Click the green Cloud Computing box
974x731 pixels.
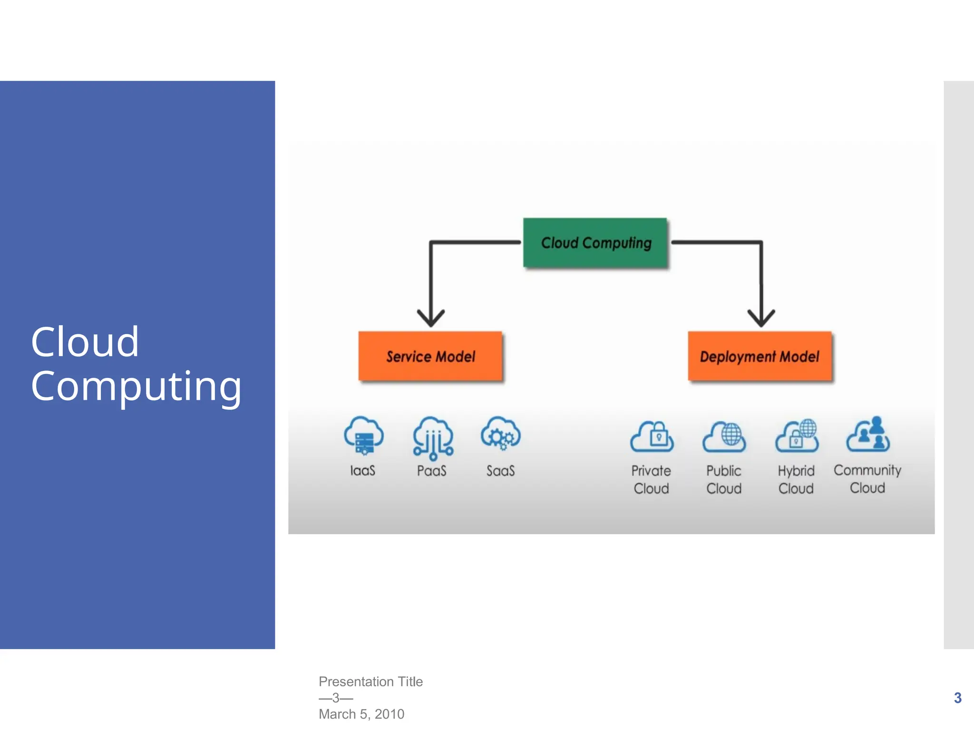tap(595, 243)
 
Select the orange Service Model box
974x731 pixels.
tap(430, 356)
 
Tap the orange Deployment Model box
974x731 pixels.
tap(760, 356)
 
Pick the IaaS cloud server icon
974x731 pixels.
tap(364, 435)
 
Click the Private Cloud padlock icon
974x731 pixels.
tap(652, 436)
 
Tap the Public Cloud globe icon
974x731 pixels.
tap(724, 436)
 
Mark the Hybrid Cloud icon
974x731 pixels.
tap(797, 435)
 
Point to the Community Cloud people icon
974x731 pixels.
tap(868, 434)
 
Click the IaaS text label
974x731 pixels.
tap(363, 471)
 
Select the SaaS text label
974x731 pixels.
tap(500, 471)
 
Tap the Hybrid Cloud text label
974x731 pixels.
tap(796, 479)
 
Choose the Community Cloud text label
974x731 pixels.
tap(867, 479)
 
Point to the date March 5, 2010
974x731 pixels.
tap(361, 714)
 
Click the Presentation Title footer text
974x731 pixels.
tap(370, 682)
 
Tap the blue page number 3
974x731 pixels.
tap(958, 698)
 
